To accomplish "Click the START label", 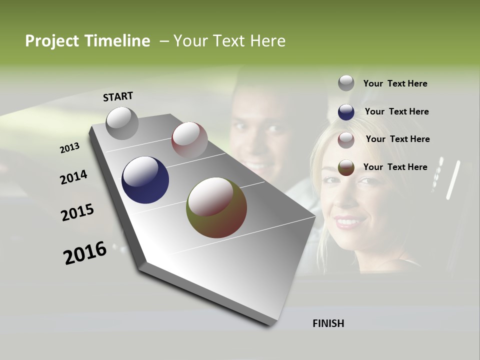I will pyautogui.click(x=118, y=96).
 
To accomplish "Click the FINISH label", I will pyautogui.click(x=328, y=323).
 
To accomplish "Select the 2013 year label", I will pyautogui.click(x=70, y=148).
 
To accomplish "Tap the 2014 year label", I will pyautogui.click(x=73, y=177).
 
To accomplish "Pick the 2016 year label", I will pyautogui.click(x=85, y=253).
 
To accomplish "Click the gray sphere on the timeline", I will pyautogui.click(x=122, y=123).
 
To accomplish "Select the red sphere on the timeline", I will pyautogui.click(x=189, y=139).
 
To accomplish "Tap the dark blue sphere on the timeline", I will pyautogui.click(x=145, y=180).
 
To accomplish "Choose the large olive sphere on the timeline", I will pyautogui.click(x=216, y=207).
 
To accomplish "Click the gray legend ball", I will pyautogui.click(x=346, y=83).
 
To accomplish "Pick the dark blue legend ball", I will pyautogui.click(x=346, y=112).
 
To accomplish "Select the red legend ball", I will pyautogui.click(x=346, y=140).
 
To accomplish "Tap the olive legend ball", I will pyautogui.click(x=346, y=167).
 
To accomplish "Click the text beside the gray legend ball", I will pyautogui.click(x=395, y=84).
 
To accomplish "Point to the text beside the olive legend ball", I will pyautogui.click(x=395, y=167).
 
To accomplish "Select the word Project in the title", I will pyautogui.click(x=51, y=41).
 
